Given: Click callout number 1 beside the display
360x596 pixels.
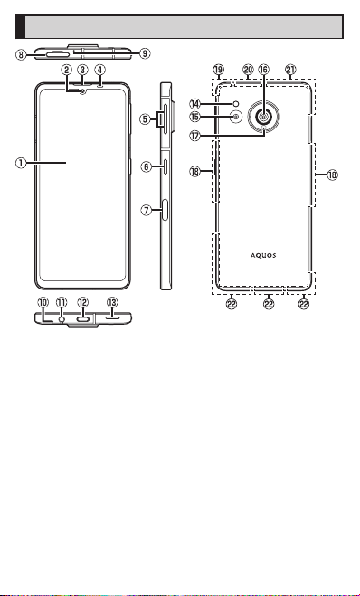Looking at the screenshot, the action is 21,163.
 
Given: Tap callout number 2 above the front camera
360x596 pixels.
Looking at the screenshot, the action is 67,70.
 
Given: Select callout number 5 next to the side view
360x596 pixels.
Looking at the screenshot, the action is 145,119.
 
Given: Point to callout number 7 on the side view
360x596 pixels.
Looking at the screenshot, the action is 147,210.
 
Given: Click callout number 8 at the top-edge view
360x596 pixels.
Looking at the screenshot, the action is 21,55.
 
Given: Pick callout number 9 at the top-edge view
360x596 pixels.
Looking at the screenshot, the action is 145,53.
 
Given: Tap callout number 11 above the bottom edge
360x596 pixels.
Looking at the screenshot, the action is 62,303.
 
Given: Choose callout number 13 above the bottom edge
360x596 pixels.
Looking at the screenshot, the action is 112,303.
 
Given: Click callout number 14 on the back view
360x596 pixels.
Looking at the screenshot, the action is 195,103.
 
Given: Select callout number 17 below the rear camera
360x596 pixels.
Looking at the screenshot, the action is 195,136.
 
